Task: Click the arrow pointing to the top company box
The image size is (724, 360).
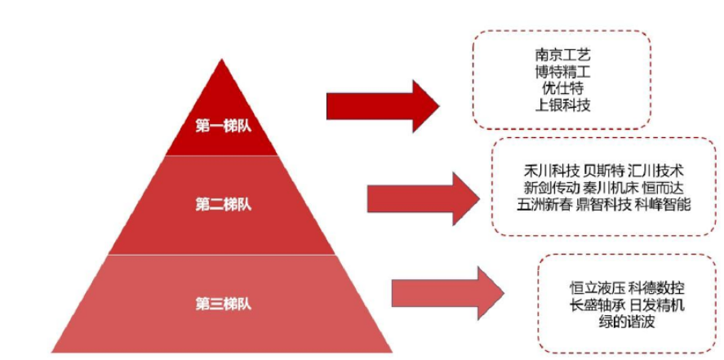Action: tap(382, 105)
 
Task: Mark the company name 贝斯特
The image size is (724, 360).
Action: tap(606, 171)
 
